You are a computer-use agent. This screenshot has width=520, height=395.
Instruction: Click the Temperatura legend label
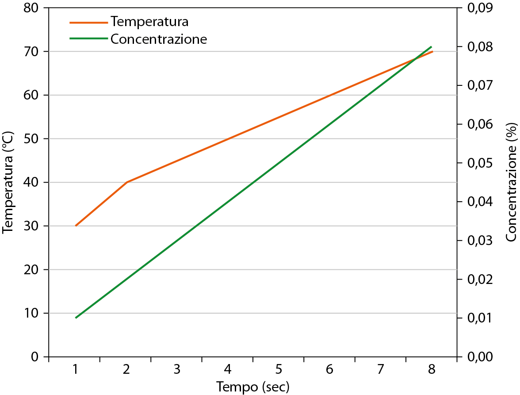point(150,21)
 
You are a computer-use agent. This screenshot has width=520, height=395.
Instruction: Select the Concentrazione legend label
point(159,39)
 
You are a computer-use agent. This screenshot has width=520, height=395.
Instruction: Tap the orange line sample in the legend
point(88,22)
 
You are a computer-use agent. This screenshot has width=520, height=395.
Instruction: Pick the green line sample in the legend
point(88,38)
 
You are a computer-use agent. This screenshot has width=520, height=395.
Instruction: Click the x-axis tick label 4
point(228,369)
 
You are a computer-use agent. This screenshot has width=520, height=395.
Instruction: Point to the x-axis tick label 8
point(431,369)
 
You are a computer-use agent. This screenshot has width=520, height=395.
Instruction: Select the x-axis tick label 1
point(76,369)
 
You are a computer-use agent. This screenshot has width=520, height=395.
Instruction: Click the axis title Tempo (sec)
point(253,387)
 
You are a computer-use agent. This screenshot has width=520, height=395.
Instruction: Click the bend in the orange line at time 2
point(127,182)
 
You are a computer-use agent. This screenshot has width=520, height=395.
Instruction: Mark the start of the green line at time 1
point(76,318)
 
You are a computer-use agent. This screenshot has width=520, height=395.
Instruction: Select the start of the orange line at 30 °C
point(76,226)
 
